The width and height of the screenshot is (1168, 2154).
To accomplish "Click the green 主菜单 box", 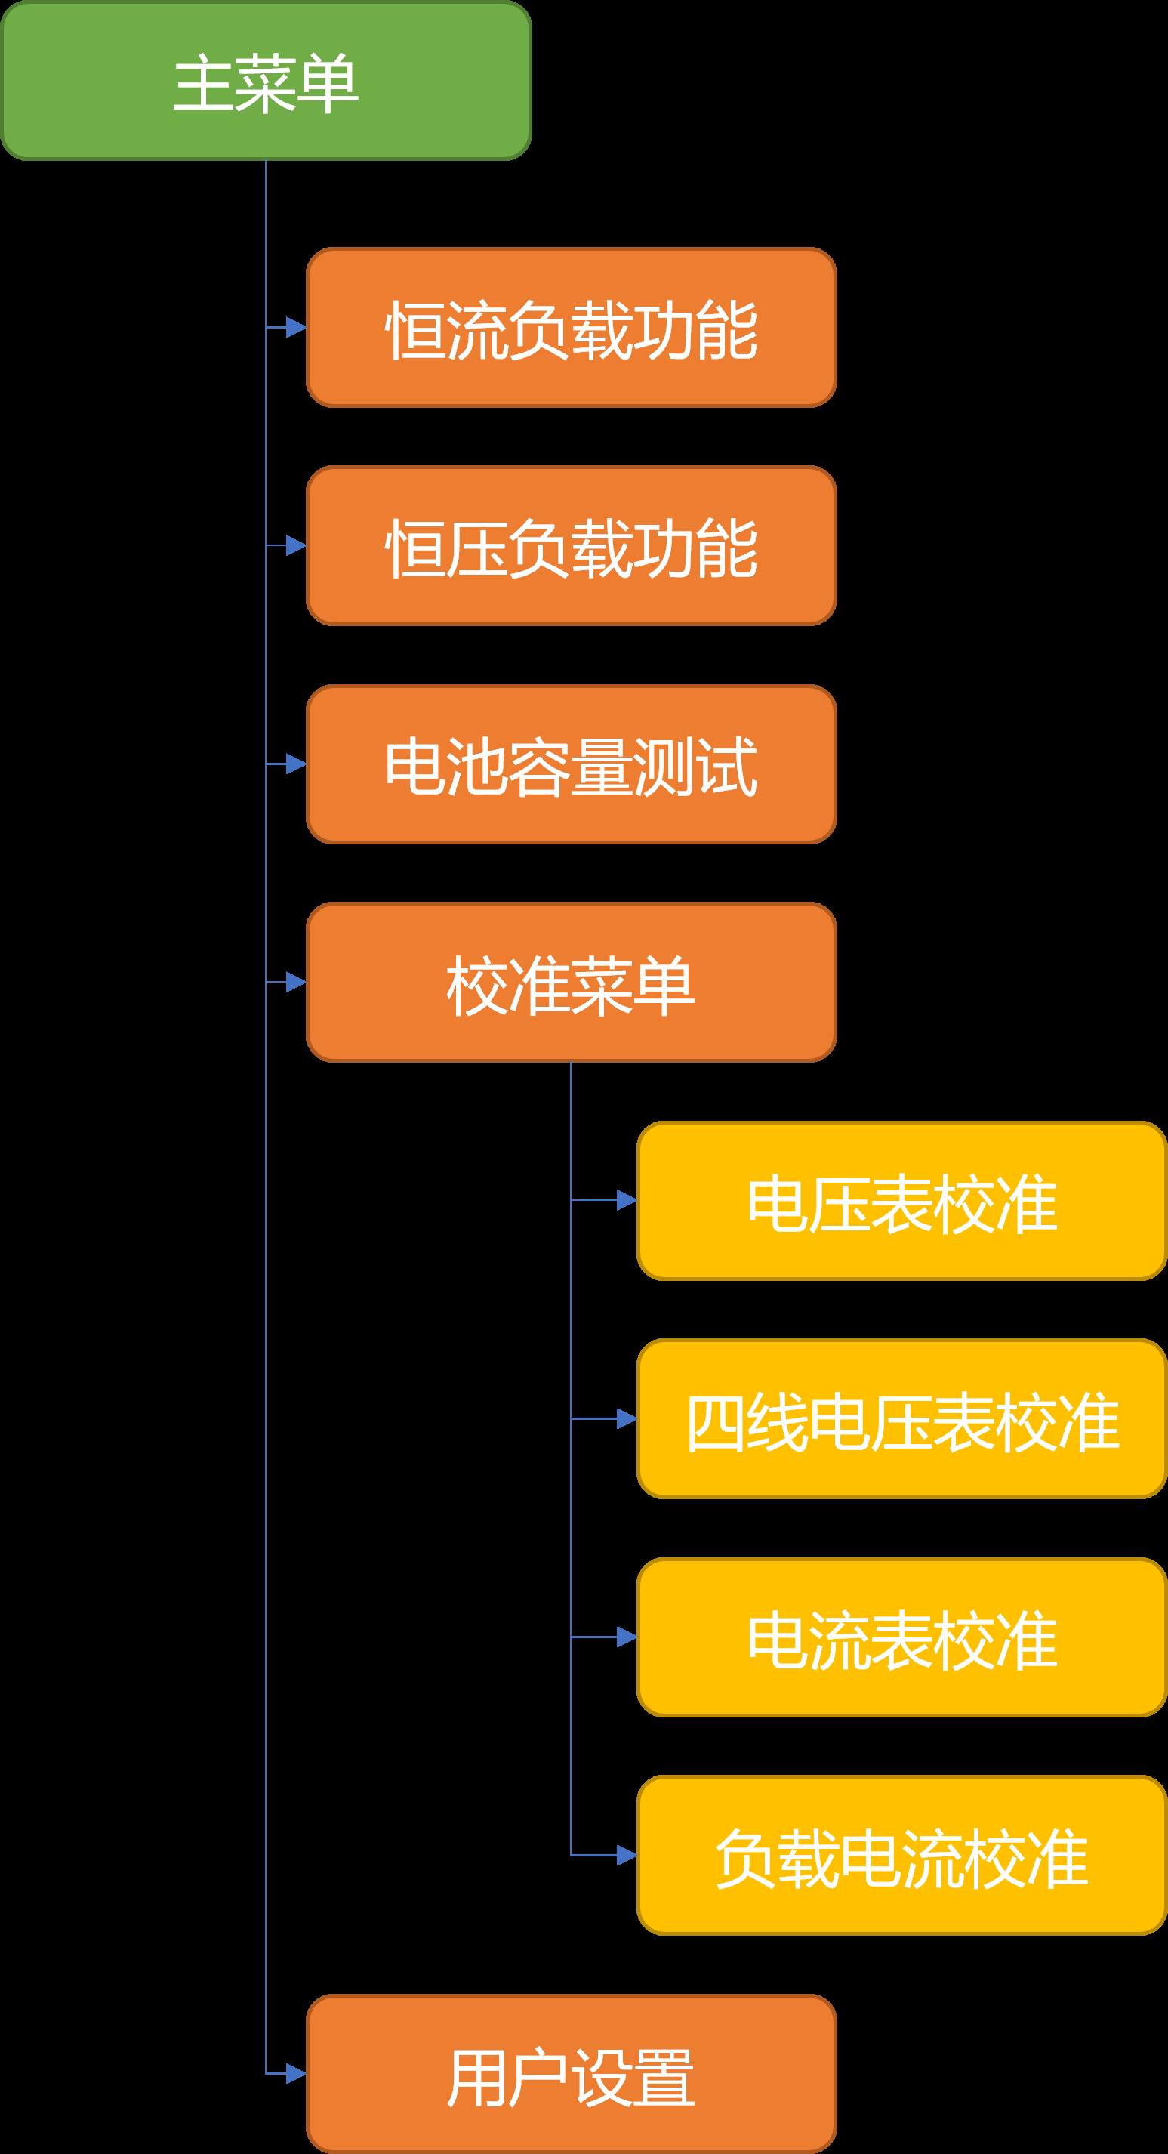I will pos(266,81).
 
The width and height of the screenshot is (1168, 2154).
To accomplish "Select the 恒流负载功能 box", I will pos(571,328).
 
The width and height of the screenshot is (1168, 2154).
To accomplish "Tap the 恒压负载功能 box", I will pos(571,546).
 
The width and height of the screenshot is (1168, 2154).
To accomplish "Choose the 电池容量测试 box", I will pos(571,764).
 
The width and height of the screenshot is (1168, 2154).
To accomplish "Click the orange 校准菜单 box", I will pos(571,983).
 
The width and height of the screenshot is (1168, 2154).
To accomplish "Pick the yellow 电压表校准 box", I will pos(901,1201).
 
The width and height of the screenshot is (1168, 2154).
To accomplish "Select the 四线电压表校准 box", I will pos(901,1419).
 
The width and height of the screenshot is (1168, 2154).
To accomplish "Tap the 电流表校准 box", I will pos(901,1637).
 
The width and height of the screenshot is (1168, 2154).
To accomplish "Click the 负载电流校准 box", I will pos(901,1856).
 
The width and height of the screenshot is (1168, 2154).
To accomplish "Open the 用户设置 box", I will pos(571,2074).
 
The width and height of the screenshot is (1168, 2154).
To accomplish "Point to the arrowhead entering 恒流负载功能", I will pos(296,328).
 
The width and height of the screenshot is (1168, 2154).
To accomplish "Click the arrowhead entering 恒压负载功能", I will pos(296,546).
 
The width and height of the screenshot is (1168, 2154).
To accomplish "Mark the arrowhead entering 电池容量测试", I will pos(296,764).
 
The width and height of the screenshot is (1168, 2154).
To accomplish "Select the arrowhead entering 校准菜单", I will pos(296,983).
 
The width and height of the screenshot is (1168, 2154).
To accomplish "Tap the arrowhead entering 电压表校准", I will pos(626,1201).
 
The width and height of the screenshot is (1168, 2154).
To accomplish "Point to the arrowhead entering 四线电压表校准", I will pos(626,1419).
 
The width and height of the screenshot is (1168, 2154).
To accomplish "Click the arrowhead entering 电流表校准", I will pos(626,1637).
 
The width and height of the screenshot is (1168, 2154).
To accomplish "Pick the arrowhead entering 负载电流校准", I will pos(626,1856).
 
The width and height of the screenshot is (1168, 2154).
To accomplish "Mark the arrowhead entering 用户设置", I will pos(296,2074).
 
